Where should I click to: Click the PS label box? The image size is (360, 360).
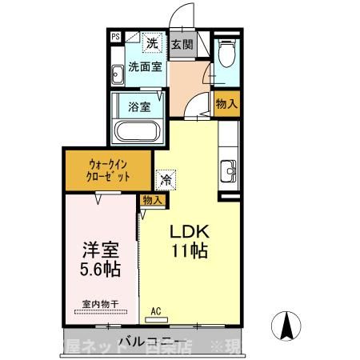pyautogui.click(x=116, y=36)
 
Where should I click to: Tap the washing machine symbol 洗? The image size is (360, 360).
pyautogui.click(x=153, y=42)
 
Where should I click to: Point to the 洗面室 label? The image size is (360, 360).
pyautogui.click(x=145, y=67)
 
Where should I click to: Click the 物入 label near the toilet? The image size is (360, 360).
pyautogui.click(x=226, y=103)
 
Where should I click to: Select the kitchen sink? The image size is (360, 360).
pyautogui.click(x=226, y=171)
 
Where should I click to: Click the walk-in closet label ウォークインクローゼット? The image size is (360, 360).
pyautogui.click(x=108, y=170)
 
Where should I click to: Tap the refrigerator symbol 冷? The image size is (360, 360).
pyautogui.click(x=165, y=180)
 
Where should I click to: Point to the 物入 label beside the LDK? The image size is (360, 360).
pyautogui.click(x=153, y=199)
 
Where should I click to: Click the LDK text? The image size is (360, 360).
pyautogui.click(x=188, y=232)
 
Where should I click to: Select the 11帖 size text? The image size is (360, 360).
pyautogui.click(x=190, y=251)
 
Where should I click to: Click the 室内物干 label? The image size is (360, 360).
pyautogui.click(x=99, y=304)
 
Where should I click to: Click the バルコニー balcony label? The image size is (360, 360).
pyautogui.click(x=149, y=342)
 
